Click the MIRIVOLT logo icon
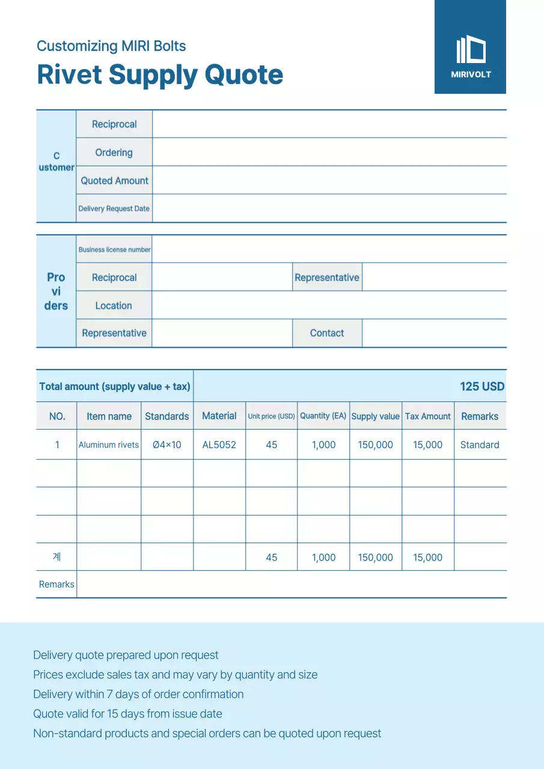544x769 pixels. (x=471, y=50)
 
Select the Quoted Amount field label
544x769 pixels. (x=114, y=180)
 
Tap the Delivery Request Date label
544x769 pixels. (x=114, y=208)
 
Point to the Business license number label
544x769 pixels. (x=114, y=249)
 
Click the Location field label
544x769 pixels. (x=114, y=305)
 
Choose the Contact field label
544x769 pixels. (x=327, y=333)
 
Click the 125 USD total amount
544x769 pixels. (x=482, y=386)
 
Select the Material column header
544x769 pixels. (x=219, y=416)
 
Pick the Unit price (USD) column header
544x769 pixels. (x=271, y=416)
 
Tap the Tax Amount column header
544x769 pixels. (x=427, y=416)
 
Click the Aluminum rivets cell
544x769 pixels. (x=109, y=445)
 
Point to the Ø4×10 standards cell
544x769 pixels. (x=167, y=445)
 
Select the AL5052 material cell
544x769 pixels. (x=219, y=445)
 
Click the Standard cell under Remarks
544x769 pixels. (x=480, y=445)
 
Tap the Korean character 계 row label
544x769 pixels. (x=57, y=557)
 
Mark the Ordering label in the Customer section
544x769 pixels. (x=114, y=153)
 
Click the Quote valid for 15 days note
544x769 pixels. (x=127, y=714)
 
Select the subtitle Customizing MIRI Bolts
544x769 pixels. (x=111, y=46)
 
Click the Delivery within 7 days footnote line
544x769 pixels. (x=138, y=694)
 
